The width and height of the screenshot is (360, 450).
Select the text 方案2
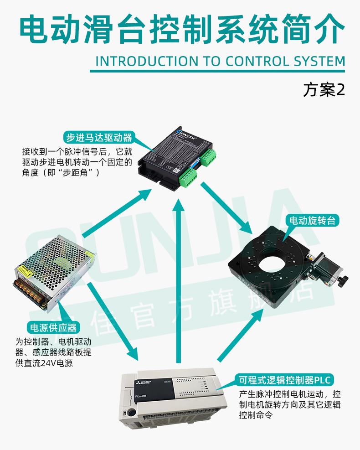(324, 90)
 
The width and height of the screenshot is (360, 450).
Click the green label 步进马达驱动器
(99, 137)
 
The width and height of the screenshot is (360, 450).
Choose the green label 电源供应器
(53, 327)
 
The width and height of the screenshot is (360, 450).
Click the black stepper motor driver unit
(178, 157)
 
